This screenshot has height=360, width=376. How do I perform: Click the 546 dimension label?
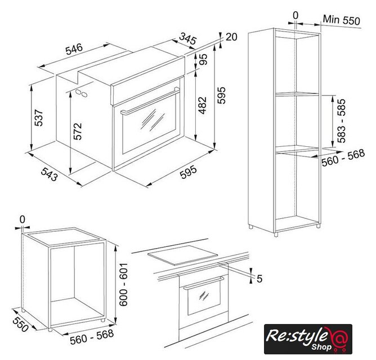tap(74, 49)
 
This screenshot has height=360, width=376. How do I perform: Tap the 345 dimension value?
tap(188, 38)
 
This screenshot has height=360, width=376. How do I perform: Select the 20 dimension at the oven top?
tap(231, 37)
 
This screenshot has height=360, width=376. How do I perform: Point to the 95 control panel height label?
tap(203, 59)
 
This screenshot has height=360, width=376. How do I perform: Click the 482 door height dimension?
tap(203, 105)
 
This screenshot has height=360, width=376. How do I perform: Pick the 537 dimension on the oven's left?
tap(38, 118)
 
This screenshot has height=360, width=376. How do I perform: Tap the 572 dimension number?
tap(78, 132)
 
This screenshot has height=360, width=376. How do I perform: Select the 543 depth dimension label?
tap(50, 174)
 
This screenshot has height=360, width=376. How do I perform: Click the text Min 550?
tap(342, 20)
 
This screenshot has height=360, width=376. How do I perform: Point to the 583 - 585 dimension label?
tap(341, 120)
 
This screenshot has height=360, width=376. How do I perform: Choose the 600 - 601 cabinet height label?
tap(123, 285)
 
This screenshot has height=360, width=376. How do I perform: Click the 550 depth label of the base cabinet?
tap(21, 324)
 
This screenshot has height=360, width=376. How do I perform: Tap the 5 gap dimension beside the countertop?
tap(259, 279)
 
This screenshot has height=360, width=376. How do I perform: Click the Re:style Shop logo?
tap(308, 339)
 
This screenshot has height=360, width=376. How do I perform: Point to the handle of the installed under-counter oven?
tap(204, 283)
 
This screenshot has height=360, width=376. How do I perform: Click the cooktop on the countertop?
tap(182, 255)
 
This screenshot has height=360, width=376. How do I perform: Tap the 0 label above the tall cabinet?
tap(296, 16)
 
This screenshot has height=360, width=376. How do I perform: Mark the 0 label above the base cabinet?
tap(23, 219)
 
